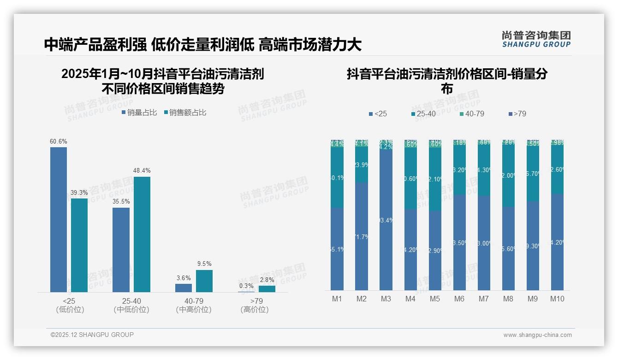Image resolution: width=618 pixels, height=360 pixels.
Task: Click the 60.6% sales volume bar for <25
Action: [59, 219]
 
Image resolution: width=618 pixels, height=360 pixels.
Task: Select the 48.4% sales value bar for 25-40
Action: [142, 234]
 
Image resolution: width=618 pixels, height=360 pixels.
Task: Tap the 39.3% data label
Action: [79, 192]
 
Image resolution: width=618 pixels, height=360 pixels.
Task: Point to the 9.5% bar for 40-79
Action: [204, 281]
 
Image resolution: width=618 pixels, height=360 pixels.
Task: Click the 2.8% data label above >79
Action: [267, 280]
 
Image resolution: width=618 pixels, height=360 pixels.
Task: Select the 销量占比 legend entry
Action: [139, 113]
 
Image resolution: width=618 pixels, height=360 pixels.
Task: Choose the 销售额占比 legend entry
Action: [185, 113]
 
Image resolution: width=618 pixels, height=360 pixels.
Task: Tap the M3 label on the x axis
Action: [386, 299]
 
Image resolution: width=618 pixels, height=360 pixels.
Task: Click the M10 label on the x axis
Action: [557, 299]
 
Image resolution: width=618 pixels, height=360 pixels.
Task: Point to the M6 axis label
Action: [459, 299]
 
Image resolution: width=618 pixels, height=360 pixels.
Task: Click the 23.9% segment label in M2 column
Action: [362, 165]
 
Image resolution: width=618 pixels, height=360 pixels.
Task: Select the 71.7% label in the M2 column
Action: [362, 237]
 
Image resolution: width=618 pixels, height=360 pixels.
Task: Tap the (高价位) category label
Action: [254, 310]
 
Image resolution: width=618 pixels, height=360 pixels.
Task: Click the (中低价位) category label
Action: [131, 310]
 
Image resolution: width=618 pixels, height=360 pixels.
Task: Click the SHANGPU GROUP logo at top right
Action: [536, 39]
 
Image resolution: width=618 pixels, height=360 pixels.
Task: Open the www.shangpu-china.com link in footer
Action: [537, 335]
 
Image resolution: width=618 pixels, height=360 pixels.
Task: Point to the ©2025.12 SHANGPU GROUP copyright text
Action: [92, 335]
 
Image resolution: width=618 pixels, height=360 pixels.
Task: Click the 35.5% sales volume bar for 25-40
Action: [121, 249]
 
